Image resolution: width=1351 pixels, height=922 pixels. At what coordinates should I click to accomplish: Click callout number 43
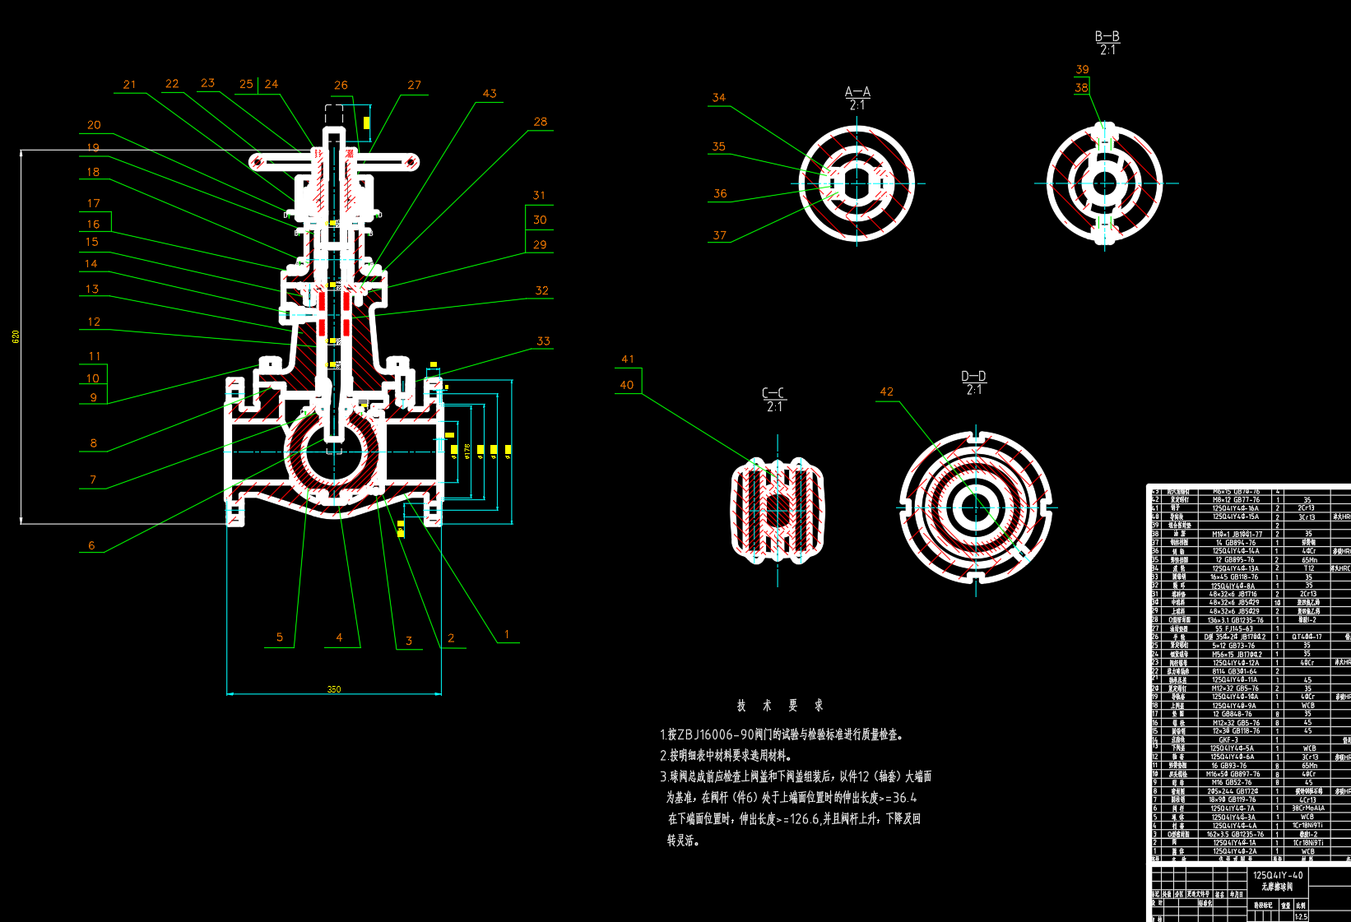coord(490,94)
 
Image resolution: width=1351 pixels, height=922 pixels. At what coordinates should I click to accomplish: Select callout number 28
coord(540,122)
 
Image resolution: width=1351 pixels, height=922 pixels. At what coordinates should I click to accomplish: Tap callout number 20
coord(94,125)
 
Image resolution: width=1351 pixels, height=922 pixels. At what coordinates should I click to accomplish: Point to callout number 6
coord(91,545)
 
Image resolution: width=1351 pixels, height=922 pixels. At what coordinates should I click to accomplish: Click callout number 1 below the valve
coord(507,634)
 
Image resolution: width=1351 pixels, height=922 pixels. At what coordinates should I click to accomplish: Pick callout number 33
coord(543,341)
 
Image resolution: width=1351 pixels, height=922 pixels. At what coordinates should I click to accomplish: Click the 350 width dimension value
coord(334,689)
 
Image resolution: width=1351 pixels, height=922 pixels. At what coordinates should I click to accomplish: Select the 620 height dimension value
coord(16,336)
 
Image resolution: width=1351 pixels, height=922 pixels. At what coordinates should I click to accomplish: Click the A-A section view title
coord(857,92)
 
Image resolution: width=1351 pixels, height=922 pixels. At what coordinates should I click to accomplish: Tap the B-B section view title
coord(1107,36)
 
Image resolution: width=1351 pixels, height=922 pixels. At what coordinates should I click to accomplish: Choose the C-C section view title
coord(773,393)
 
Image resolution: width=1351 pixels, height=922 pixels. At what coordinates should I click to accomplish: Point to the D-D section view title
coord(973,376)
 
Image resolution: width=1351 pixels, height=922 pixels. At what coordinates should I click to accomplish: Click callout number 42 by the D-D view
coord(886,392)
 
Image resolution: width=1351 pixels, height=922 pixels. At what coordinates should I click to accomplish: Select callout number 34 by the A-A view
coord(718,98)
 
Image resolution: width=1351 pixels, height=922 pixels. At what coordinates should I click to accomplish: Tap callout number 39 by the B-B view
coord(1082,70)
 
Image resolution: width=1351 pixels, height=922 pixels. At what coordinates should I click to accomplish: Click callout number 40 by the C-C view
coord(627,385)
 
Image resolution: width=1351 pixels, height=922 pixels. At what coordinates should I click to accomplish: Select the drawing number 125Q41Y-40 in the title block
coord(1278,875)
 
